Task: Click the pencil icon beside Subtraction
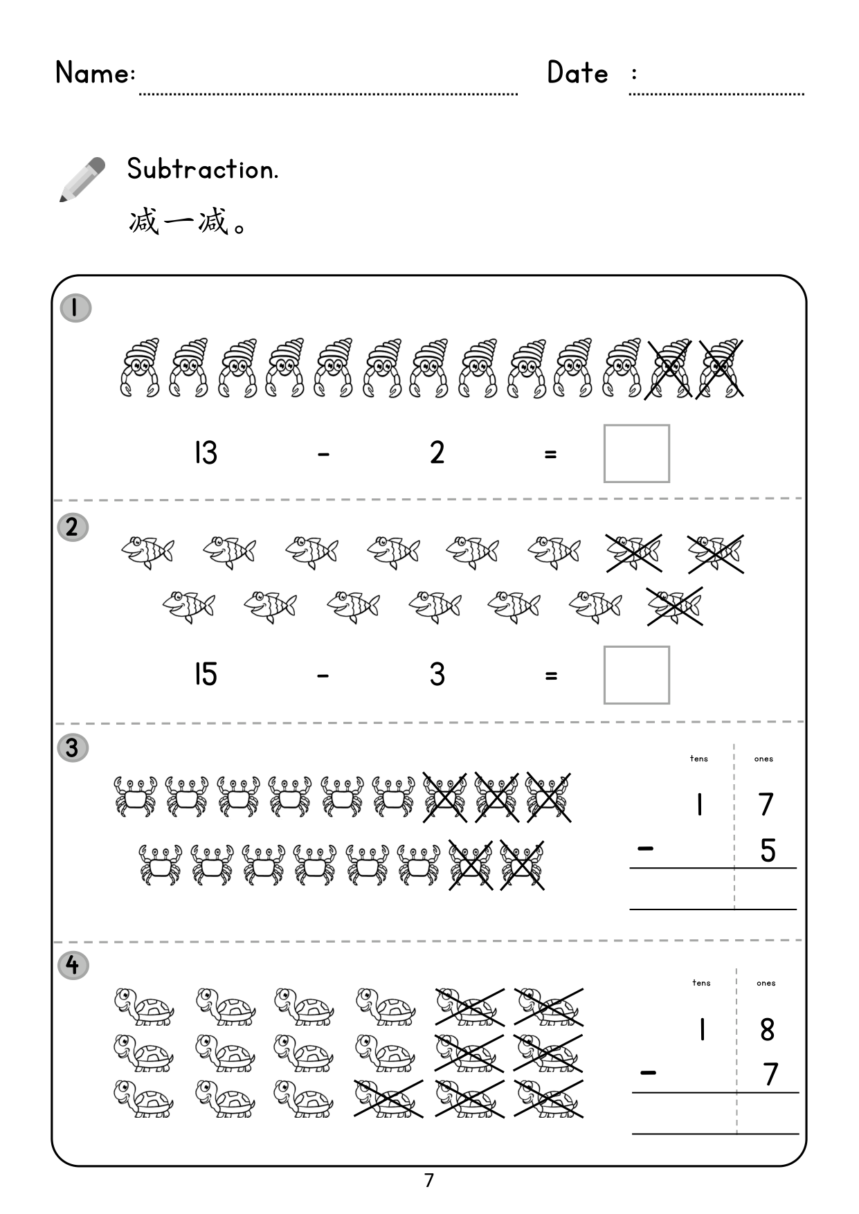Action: (x=82, y=179)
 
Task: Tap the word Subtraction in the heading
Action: (x=202, y=169)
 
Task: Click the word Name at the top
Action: (x=94, y=72)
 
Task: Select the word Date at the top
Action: (x=577, y=72)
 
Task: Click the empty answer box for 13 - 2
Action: (x=636, y=453)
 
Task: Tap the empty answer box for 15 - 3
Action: (x=636, y=675)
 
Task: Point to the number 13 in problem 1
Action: (x=206, y=453)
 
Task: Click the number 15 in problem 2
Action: (x=206, y=674)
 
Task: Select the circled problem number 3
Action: (x=73, y=748)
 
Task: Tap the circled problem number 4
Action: (x=73, y=966)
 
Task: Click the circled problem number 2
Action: (x=73, y=528)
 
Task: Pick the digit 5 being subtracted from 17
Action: (x=768, y=850)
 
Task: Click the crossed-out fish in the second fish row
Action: (x=675, y=606)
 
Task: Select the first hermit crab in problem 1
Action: (x=139, y=368)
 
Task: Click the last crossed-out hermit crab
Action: (x=720, y=368)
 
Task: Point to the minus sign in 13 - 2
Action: (x=323, y=455)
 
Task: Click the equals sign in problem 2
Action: (x=550, y=676)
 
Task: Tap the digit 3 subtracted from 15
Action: (x=437, y=674)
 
